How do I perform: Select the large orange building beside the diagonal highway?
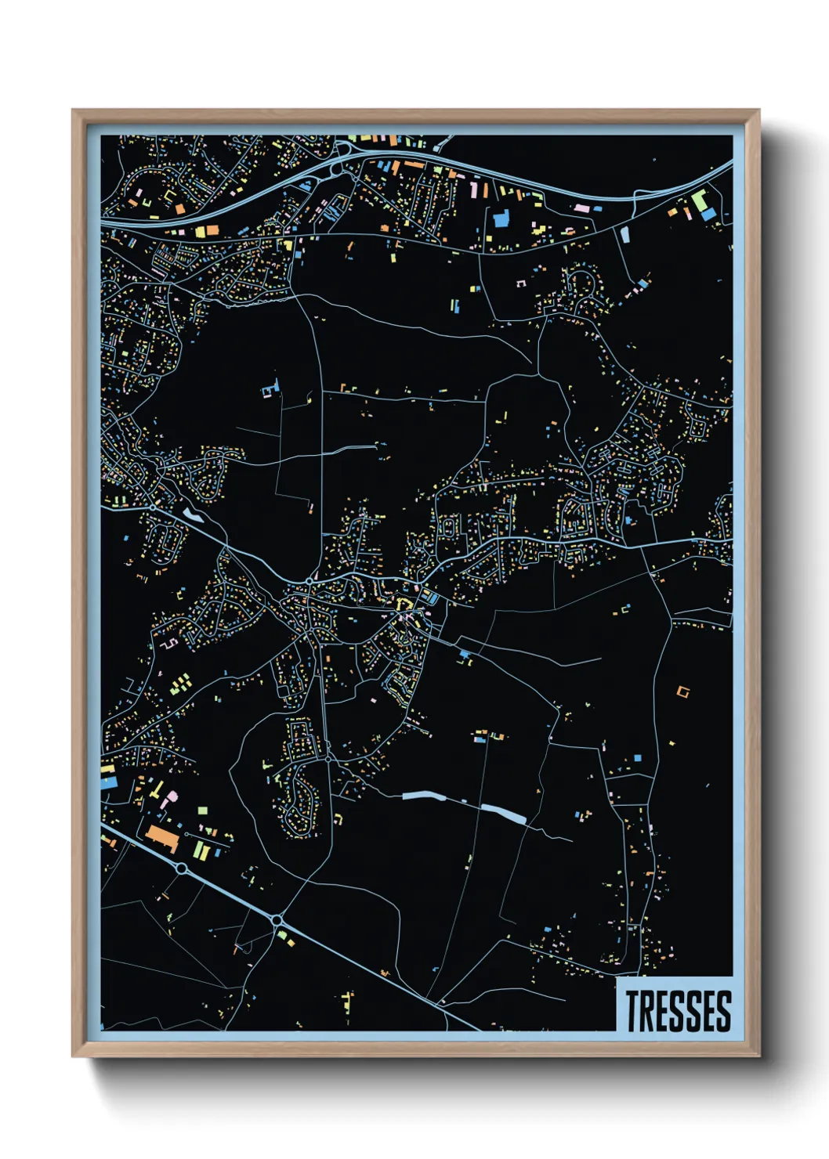tap(163, 836)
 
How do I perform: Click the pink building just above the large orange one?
tap(169, 799)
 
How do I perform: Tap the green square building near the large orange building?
tap(202, 811)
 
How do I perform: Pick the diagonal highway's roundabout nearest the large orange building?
tap(182, 868)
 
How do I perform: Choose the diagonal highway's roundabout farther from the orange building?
tap(277, 919)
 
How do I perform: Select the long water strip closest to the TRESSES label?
tap(503, 814)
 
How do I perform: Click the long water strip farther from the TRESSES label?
tap(423, 796)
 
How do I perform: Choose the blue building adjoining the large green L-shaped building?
tap(708, 212)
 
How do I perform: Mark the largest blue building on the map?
tap(501, 218)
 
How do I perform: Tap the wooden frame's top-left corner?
tap(74, 111)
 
